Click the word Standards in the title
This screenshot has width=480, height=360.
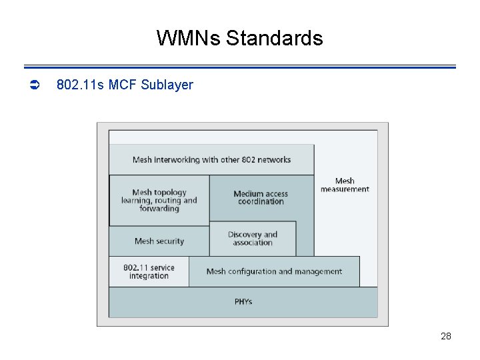click(274, 38)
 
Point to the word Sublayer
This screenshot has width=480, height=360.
click(167, 85)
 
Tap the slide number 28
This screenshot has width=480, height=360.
click(446, 336)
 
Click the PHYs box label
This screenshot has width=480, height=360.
click(243, 302)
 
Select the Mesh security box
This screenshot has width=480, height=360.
click(159, 241)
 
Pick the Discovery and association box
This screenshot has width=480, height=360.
click(253, 239)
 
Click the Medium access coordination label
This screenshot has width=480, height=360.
click(261, 197)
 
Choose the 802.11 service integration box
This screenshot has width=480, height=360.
click(149, 272)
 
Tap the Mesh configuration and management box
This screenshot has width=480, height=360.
click(274, 272)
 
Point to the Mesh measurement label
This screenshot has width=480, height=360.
click(345, 185)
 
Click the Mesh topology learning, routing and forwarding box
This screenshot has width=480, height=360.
click(159, 200)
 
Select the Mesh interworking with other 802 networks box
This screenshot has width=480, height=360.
click(211, 160)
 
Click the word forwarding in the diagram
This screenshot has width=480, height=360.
click(159, 209)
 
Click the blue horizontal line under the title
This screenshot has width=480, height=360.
click(240, 67)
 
